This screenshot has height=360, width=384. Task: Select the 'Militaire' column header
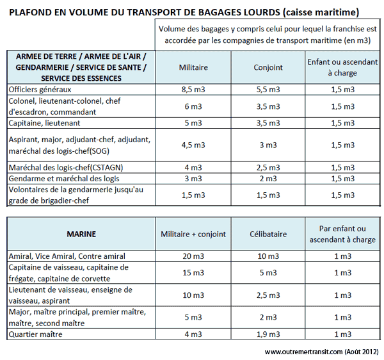193,67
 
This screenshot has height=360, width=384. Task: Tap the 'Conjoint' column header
268,67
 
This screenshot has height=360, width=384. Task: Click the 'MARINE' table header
81,234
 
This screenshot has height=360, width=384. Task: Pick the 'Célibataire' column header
268,234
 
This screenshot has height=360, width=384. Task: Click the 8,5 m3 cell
193,90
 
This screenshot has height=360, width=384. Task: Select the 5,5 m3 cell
268,90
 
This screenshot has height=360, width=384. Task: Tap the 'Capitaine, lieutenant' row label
44,122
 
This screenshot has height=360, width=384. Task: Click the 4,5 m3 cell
193,145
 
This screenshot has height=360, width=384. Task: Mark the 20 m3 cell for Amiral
193,256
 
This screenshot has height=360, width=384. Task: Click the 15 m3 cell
193,272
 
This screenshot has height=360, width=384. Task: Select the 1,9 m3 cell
268,334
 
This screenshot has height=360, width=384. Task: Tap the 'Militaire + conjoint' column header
193,234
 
